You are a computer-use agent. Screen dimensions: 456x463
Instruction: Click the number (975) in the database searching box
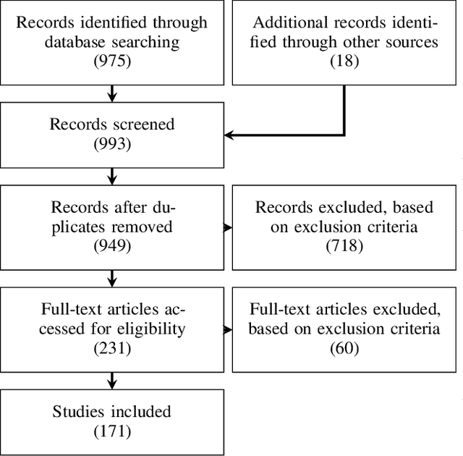coord(112,62)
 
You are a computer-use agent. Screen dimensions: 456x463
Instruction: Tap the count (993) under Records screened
coord(112,143)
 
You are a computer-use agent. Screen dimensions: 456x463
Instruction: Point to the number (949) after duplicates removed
coord(112,246)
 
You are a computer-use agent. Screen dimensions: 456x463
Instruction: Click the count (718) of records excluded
coord(344,246)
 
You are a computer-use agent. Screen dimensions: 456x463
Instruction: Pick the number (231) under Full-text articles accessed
coord(112,349)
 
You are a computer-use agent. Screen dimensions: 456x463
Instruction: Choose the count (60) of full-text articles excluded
coord(344,349)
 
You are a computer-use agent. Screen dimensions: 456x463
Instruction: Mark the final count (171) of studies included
coord(112,432)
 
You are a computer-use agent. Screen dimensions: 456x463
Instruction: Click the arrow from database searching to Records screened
coord(112,93)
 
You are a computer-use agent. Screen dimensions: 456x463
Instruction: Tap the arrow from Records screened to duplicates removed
coord(112,176)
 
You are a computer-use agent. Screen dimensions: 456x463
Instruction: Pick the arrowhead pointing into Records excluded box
coord(228,228)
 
